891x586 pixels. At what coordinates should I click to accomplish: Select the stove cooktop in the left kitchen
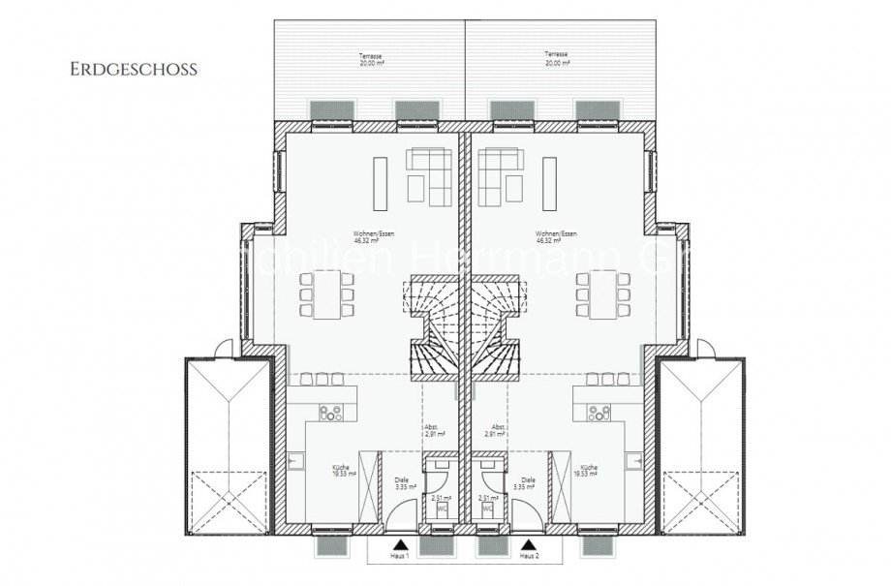(329, 411)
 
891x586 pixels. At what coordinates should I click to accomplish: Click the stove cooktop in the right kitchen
(595, 411)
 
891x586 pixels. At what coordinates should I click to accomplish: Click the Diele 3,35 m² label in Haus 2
(528, 484)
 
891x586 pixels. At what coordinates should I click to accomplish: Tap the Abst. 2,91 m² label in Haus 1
(432, 432)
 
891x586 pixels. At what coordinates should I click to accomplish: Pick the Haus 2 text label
(528, 557)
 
